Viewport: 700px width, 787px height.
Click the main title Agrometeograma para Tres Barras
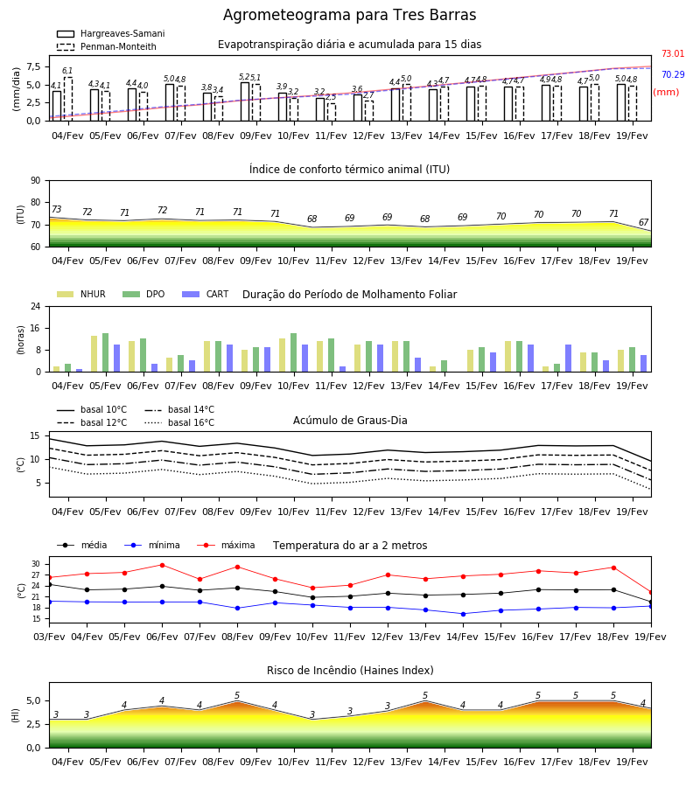tap(349, 15)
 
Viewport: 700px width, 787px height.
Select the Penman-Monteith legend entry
tap(107, 46)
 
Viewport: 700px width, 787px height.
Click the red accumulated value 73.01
tap(673, 53)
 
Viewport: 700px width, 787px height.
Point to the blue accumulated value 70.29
tap(673, 75)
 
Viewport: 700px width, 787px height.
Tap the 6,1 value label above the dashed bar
tap(67, 71)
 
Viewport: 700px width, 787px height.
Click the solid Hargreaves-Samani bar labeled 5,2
tap(245, 101)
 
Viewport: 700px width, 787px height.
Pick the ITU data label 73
tap(57, 209)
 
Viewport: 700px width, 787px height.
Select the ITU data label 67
tap(644, 222)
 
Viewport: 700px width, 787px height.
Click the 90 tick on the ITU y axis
tap(36, 181)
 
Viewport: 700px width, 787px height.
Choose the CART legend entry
tap(206, 294)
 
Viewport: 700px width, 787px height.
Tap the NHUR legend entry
tap(81, 294)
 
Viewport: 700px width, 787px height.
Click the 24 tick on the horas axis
tap(36, 306)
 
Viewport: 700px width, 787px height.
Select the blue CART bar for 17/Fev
tap(569, 359)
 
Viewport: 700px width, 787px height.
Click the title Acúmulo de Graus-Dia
tap(350, 421)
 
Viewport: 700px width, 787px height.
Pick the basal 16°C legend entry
tap(179, 422)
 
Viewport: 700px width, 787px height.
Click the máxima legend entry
tap(226, 545)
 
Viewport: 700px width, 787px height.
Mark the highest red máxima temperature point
tap(162, 565)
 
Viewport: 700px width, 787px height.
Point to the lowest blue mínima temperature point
tap(463, 614)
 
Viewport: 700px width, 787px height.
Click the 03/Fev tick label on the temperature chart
tap(49, 637)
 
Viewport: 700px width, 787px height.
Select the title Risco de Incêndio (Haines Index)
tap(350, 671)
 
